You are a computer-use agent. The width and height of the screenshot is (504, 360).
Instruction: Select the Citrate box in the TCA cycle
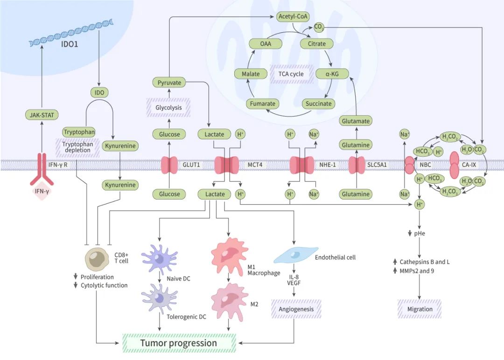pyautogui.click(x=316, y=44)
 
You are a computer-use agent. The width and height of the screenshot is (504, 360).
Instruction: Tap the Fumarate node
pyautogui.click(x=263, y=104)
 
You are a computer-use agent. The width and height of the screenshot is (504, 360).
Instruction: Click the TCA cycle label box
pyautogui.click(x=291, y=74)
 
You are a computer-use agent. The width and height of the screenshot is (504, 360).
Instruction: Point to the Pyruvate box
pyautogui.click(x=169, y=83)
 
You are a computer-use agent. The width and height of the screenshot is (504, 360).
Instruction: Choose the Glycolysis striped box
pyautogui.click(x=169, y=108)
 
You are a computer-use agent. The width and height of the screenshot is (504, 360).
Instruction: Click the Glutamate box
pyautogui.click(x=356, y=121)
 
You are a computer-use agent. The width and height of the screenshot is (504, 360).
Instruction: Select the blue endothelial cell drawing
pyautogui.click(x=295, y=254)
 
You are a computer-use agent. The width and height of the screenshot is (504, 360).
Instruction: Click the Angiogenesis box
pyautogui.click(x=296, y=309)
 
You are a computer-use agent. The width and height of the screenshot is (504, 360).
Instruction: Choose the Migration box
pyautogui.click(x=420, y=309)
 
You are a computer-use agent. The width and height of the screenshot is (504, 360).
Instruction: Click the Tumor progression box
pyautogui.click(x=179, y=343)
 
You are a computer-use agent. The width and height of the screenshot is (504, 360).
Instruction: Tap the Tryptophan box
pyautogui.click(x=79, y=132)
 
